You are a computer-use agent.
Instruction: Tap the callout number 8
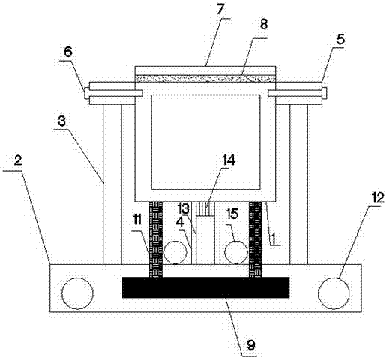pyautogui.click(x=263, y=25)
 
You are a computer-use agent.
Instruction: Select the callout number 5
pyautogui.click(x=340, y=40)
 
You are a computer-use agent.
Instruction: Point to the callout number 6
pyautogui.click(x=67, y=52)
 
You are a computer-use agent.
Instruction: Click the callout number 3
pyautogui.click(x=61, y=121)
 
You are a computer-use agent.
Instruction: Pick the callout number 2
pyautogui.click(x=18, y=161)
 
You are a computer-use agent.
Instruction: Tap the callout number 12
pyautogui.click(x=377, y=199)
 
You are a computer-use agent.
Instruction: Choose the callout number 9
pyautogui.click(x=251, y=345)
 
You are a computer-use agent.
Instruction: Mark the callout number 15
pyautogui.click(x=232, y=214)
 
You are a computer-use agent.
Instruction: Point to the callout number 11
pyautogui.click(x=137, y=220)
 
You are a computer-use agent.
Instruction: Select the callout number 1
pyautogui.click(x=274, y=238)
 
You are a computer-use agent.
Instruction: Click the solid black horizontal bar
pyautogui.click(x=205, y=287)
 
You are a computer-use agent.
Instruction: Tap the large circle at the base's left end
pyautogui.click(x=78, y=293)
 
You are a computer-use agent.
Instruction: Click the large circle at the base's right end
pyautogui.click(x=334, y=293)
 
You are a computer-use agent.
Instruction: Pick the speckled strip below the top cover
pyautogui.click(x=205, y=78)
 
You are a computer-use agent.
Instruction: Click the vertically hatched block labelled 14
pyautogui.click(x=205, y=208)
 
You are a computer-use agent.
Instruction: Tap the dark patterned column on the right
pyautogui.click(x=256, y=239)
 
